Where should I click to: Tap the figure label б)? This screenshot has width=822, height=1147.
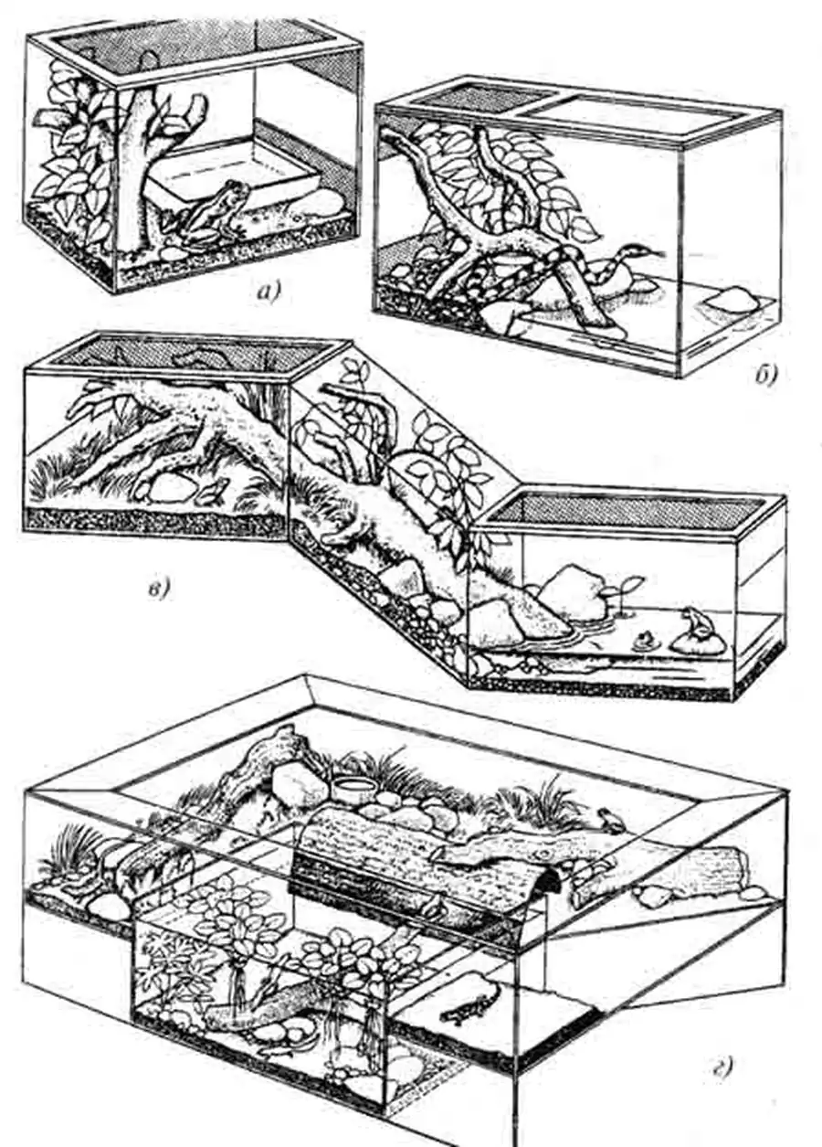click(x=765, y=376)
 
